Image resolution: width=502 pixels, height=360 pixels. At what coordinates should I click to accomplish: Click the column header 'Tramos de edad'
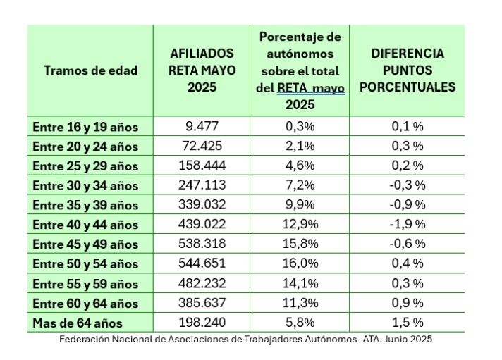click(x=90, y=70)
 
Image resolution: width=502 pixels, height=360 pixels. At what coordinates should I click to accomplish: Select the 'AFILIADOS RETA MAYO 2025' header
click(x=202, y=70)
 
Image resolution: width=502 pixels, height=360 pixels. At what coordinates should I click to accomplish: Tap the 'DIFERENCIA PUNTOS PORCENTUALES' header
click(x=408, y=70)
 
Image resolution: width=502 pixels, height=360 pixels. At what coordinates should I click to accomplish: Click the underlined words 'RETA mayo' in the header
click(x=311, y=89)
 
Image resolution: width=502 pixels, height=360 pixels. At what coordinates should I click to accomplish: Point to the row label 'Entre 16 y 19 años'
click(x=85, y=127)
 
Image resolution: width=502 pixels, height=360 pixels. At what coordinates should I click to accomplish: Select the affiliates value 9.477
click(x=202, y=127)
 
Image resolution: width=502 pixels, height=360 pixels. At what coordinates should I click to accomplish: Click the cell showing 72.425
click(x=202, y=147)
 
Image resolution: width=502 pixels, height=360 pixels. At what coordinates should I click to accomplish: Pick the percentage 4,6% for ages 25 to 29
click(x=299, y=166)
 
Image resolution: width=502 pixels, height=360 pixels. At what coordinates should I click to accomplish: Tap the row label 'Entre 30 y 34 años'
click(x=85, y=185)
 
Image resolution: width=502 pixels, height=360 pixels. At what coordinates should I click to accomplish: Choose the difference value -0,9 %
click(x=408, y=205)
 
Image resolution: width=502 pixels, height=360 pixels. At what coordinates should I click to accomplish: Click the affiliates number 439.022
click(x=202, y=225)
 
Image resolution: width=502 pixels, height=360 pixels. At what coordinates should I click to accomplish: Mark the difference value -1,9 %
click(x=408, y=225)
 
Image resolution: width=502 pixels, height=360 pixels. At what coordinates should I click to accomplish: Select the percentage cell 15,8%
click(x=299, y=244)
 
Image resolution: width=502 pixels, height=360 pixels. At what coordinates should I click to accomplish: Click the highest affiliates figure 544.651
click(x=202, y=263)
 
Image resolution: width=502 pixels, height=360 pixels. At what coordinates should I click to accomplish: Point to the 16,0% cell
click(x=299, y=263)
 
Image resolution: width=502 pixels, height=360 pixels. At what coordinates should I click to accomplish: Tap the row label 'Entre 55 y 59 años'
click(x=85, y=284)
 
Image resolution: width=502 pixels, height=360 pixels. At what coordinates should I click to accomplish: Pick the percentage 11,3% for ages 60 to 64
click(x=299, y=303)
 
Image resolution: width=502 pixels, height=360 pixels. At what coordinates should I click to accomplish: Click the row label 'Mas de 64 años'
click(x=78, y=323)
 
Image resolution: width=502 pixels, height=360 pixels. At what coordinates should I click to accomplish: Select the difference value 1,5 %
click(x=408, y=323)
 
